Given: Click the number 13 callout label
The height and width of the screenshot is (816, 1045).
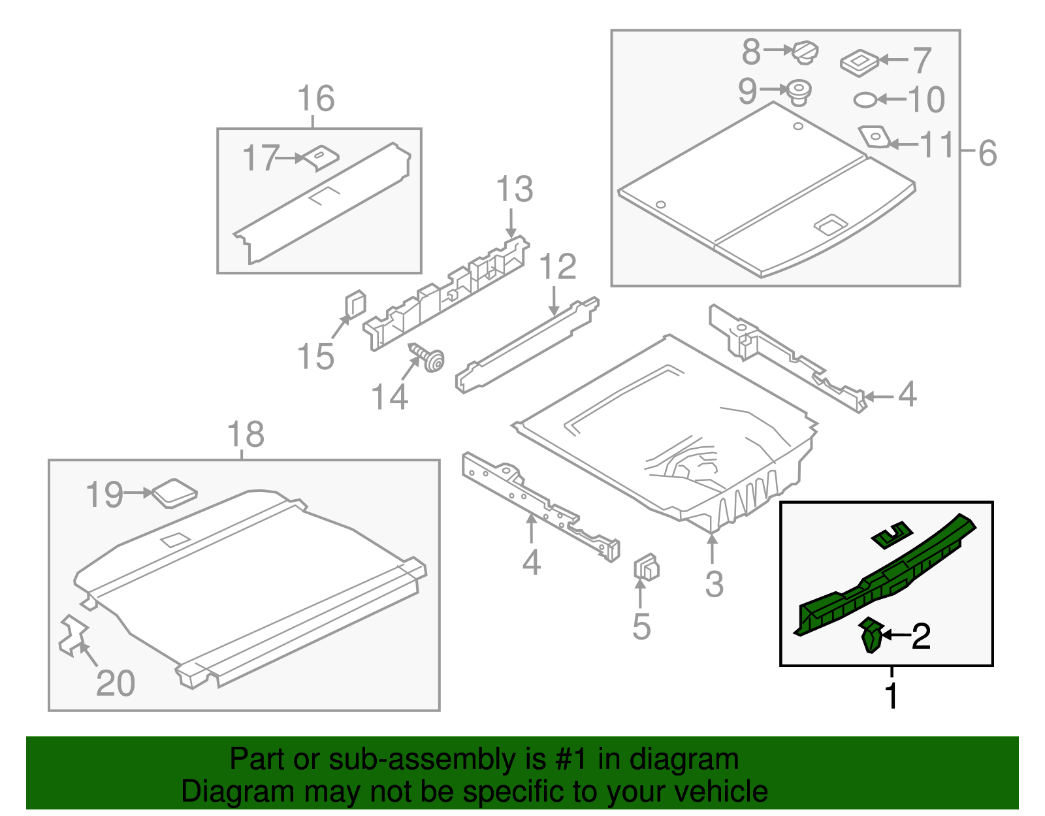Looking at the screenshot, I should [515, 189].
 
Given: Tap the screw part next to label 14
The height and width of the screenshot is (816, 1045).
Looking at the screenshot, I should [428, 358].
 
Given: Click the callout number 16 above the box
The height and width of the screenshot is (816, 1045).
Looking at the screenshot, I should [316, 99].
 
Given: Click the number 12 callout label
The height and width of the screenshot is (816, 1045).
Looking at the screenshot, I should [558, 267].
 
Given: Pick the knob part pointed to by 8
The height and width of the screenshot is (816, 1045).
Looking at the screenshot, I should [805, 52].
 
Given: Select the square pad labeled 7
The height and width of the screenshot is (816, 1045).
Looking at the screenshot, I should [859, 62].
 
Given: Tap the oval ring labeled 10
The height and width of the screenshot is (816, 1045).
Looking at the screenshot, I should [865, 100].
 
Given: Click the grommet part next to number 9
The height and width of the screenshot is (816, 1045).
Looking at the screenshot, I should [798, 91].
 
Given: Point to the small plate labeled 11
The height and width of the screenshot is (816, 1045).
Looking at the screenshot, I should [873, 137].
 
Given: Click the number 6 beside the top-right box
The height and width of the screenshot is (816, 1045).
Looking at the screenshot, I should [988, 154].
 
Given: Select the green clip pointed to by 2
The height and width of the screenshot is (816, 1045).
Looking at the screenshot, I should [871, 637].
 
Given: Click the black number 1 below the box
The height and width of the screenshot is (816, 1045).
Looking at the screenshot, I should [892, 696].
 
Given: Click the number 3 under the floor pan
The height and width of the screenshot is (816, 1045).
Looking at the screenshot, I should [714, 583].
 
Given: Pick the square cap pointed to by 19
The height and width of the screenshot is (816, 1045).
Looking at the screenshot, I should [174, 493].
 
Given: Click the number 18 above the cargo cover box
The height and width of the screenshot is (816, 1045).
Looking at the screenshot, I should [246, 435].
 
